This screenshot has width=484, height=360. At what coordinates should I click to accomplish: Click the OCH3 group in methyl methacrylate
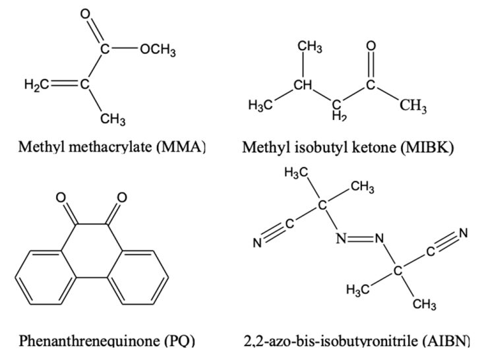pos(158,50)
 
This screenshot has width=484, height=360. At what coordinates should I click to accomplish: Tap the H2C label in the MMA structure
pos(37,84)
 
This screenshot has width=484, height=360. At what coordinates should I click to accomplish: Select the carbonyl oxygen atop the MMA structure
pos(85,14)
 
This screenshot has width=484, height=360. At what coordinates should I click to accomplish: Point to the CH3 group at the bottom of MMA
pos(113,119)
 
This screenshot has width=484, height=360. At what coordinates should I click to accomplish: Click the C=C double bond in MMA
pos(65,84)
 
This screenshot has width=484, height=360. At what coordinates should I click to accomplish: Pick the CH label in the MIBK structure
pos(303,85)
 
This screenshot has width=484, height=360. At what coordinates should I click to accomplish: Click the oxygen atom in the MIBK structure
pos(371,45)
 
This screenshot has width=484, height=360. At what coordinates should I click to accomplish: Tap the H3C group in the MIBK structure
pos(260,105)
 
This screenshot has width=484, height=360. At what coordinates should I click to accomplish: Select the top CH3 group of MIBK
pos(310,47)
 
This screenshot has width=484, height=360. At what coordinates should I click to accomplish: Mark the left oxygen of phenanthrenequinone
pos(61,197)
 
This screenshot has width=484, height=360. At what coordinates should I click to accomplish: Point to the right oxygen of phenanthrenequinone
pos(122,197)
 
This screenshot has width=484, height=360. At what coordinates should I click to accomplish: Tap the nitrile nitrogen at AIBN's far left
pos(257,243)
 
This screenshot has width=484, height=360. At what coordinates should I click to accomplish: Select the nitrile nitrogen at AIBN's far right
pos(464,233)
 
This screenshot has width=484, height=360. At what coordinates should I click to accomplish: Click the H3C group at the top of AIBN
pos(296,173)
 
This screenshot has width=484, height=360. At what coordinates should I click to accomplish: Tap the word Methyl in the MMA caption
pos(42,147)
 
